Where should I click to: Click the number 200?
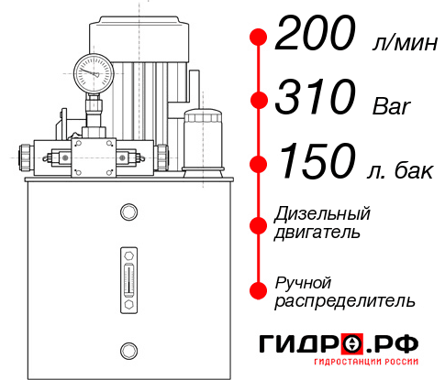point(314,36)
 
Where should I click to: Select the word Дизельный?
point(323,214)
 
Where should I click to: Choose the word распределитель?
point(345,299)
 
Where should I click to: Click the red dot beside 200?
point(259,38)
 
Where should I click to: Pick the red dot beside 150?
point(259,165)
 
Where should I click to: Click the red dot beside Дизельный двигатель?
point(259,224)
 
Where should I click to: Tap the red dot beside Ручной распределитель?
point(259,290)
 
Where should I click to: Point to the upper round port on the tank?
point(128,212)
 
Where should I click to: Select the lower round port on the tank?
point(128,348)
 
